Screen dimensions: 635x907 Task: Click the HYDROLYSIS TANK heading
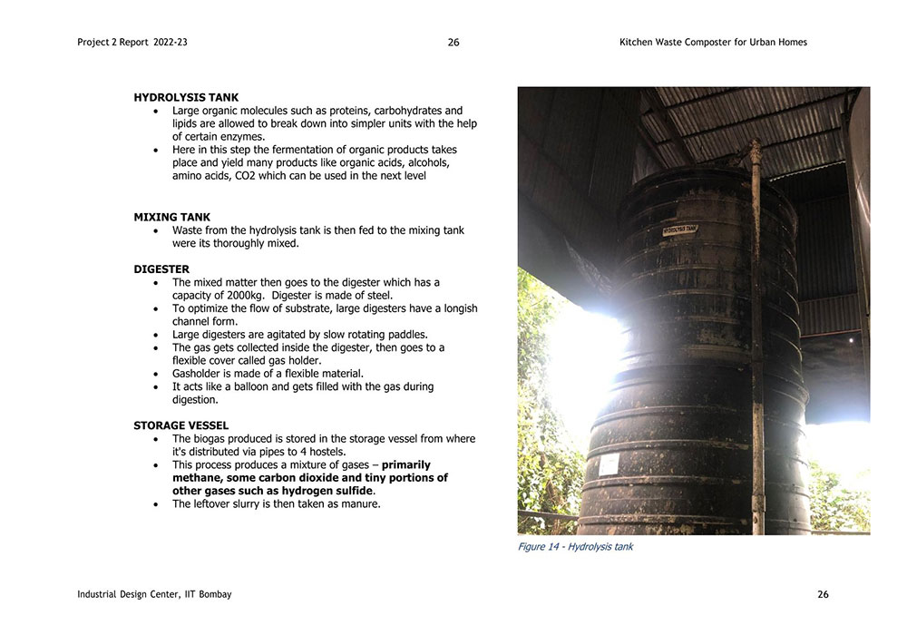click(186, 97)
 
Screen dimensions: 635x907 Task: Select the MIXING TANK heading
click(171, 217)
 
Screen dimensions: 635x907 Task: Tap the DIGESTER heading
click(161, 269)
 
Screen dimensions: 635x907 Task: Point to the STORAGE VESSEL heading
click(180, 425)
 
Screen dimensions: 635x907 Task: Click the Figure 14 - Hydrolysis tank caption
click(575, 547)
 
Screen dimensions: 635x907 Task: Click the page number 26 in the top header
click(453, 43)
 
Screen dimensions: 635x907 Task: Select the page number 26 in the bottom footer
click(823, 595)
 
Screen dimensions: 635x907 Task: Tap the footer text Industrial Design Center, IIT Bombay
click(154, 595)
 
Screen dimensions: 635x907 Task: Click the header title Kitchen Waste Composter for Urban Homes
click(713, 43)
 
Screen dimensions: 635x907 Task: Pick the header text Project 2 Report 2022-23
click(132, 43)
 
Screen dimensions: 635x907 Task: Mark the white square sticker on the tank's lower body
click(609, 464)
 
